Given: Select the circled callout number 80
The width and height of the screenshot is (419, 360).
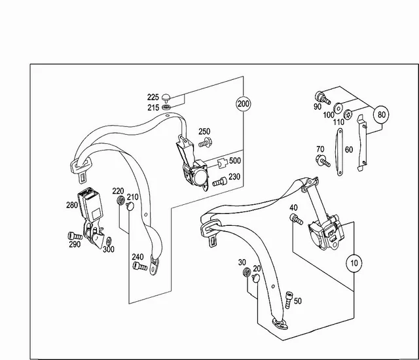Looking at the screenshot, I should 381,114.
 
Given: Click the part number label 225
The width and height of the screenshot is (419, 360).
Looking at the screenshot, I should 153,98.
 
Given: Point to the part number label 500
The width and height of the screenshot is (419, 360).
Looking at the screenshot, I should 234,161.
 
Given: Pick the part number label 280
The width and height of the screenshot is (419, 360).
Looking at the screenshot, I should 71,205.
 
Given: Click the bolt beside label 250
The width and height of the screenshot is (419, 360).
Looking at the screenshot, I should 206,142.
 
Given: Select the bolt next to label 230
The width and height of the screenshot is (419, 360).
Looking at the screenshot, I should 221,181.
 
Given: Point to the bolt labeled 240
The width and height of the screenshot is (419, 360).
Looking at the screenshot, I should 137,266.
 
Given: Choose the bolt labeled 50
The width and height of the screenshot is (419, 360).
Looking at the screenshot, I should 288,297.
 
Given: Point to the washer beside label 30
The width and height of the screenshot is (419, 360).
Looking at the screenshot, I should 246,272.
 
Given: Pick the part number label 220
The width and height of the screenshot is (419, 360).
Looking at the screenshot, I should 117,191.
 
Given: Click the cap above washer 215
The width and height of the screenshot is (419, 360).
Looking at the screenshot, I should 166,97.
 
